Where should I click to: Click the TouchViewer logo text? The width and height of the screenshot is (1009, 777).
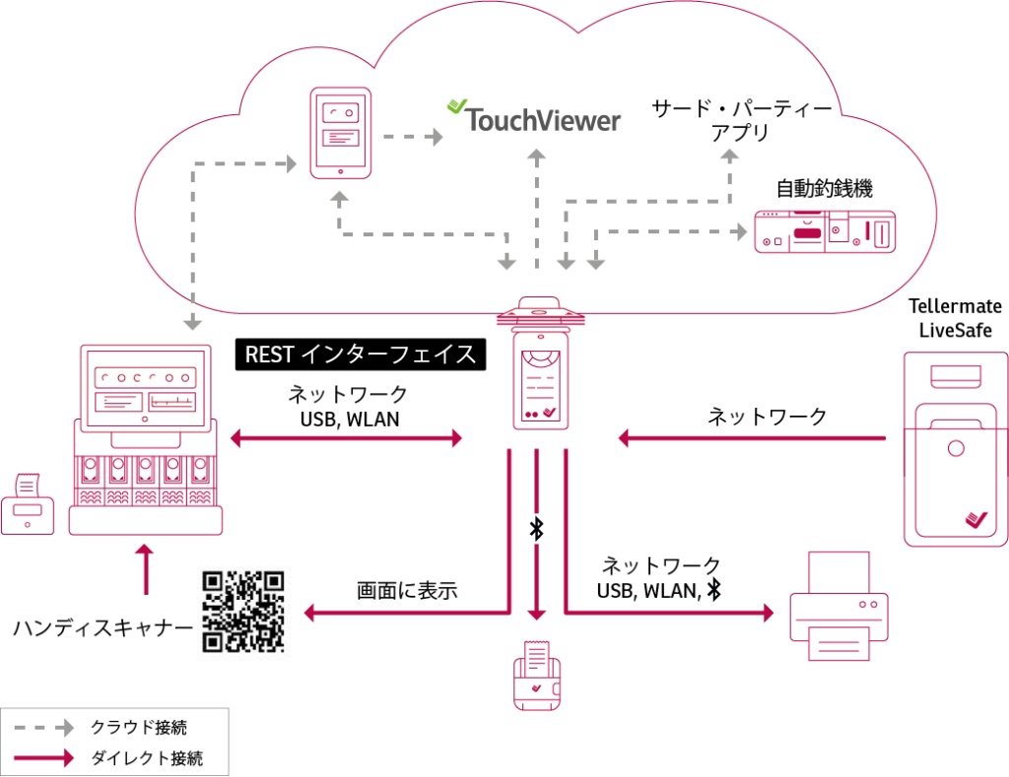(x=542, y=120)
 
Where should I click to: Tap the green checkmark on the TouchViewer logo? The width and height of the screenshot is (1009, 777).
(x=456, y=105)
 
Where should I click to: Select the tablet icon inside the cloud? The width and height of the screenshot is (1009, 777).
(x=340, y=133)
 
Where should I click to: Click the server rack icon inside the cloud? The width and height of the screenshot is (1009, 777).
(x=825, y=231)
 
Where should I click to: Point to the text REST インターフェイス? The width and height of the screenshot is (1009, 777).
(x=361, y=355)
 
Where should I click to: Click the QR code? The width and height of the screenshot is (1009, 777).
(x=244, y=612)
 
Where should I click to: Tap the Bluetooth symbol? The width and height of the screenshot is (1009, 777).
(x=537, y=529)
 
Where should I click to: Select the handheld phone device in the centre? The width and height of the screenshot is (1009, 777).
(x=541, y=380)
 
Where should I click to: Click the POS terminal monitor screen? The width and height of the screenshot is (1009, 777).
(x=146, y=388)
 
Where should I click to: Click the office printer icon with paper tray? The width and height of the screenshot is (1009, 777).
(x=840, y=607)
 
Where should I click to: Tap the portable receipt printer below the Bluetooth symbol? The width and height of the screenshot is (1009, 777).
(x=537, y=677)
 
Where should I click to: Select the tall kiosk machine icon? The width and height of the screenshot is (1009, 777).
(x=956, y=449)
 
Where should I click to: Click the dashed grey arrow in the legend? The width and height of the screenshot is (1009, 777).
(x=43, y=727)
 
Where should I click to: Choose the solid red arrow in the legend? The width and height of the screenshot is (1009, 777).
(x=43, y=757)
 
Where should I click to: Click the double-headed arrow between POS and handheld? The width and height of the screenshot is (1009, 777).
(x=346, y=437)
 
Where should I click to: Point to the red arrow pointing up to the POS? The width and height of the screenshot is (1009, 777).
(x=146, y=568)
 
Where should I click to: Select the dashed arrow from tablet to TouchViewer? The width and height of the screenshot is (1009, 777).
(x=412, y=136)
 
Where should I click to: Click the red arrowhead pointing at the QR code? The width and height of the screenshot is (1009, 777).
(x=309, y=613)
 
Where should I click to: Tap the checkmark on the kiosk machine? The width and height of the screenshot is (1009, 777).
(x=975, y=518)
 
